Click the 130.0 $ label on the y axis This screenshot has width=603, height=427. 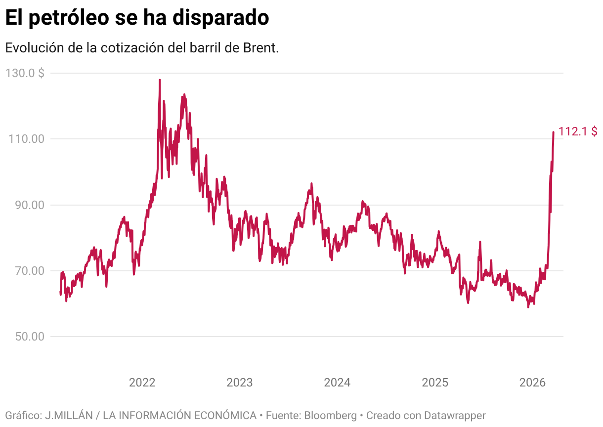(25, 73)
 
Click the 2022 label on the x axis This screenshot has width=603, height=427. (142, 383)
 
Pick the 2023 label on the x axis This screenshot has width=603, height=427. (239, 383)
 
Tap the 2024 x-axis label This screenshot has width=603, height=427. (337, 383)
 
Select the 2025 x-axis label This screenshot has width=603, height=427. (435, 383)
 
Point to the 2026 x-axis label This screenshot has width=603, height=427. (532, 383)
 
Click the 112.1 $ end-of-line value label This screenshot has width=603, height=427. (578, 131)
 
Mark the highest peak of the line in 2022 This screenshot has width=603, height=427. (160, 80)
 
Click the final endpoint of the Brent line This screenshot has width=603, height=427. (553, 132)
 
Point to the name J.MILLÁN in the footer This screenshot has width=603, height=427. (69, 416)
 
